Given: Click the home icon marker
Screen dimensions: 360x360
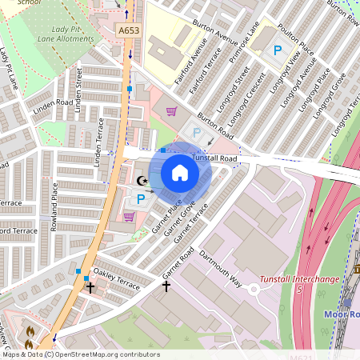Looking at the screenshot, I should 180,173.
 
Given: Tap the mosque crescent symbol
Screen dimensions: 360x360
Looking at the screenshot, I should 143,182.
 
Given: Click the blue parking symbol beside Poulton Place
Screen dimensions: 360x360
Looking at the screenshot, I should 278,50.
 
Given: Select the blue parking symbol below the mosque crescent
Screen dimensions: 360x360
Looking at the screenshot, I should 142,198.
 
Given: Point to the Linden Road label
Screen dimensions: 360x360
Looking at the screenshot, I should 54,104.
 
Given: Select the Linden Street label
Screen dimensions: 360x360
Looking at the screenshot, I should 79,95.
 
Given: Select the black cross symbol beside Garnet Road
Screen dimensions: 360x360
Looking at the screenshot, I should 166,285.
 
